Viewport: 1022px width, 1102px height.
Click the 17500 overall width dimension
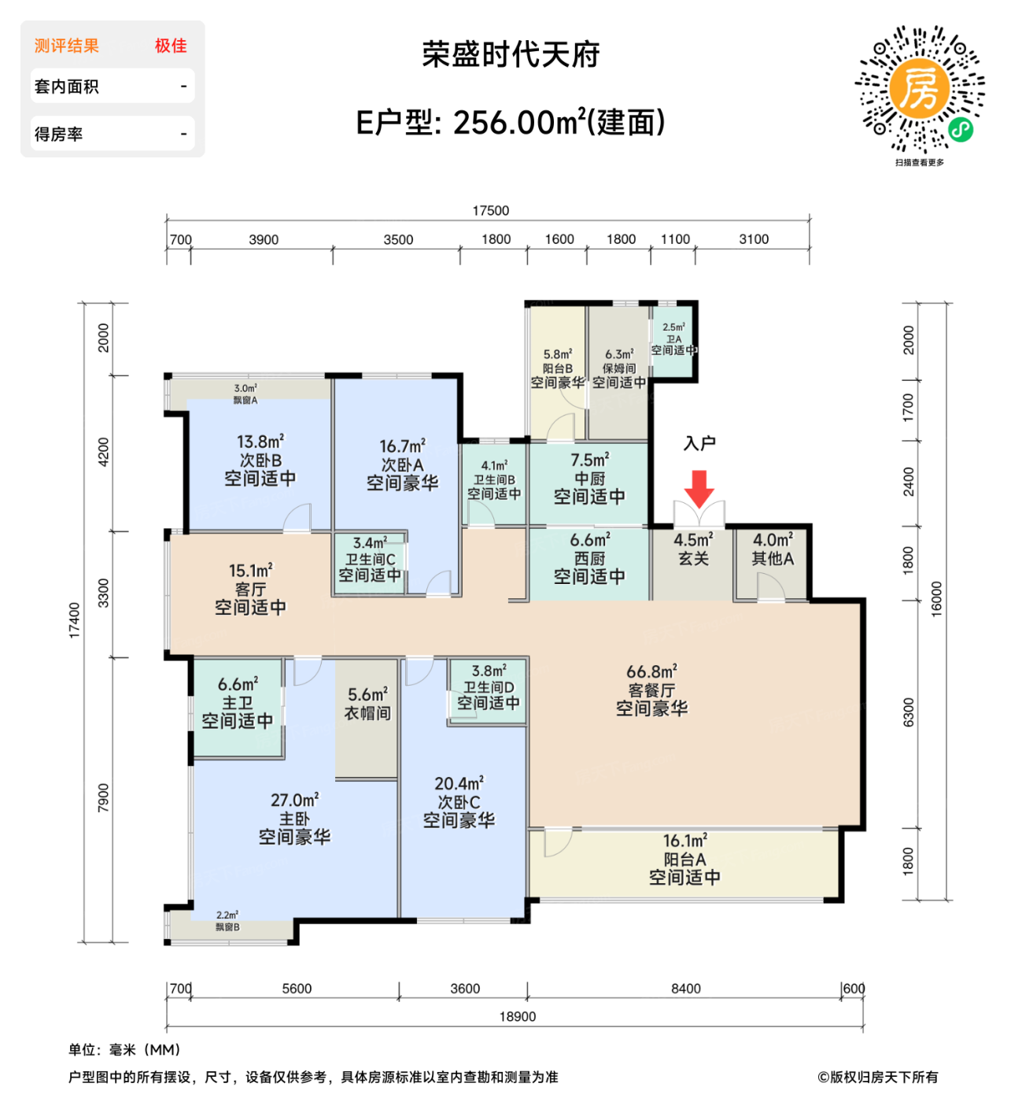coord(490,211)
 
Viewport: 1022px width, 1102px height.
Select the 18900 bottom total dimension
coord(517,1016)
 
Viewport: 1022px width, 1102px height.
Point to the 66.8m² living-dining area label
coord(651,690)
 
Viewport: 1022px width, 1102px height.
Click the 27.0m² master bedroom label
coord(294,819)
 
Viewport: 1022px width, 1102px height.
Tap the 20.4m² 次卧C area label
coord(459,802)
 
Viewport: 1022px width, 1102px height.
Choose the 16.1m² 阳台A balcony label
coord(684,859)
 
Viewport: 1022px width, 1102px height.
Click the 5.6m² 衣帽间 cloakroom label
coord(368,704)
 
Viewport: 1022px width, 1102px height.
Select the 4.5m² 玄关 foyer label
coord(693,549)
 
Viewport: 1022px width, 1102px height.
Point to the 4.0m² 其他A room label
coord(773,549)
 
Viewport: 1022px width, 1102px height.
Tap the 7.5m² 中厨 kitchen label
coord(589,478)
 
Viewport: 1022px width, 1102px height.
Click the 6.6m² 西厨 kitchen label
coord(589,558)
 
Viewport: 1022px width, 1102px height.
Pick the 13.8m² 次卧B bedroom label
coord(260,460)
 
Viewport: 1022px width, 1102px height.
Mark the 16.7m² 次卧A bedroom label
coord(402,464)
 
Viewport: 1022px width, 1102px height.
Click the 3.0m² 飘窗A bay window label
coord(245,394)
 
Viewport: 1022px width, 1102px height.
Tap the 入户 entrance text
coord(699,444)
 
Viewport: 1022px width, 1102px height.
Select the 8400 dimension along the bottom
coord(685,989)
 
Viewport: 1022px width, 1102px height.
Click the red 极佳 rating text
coord(171,46)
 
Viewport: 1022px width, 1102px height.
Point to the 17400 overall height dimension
coord(75,619)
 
